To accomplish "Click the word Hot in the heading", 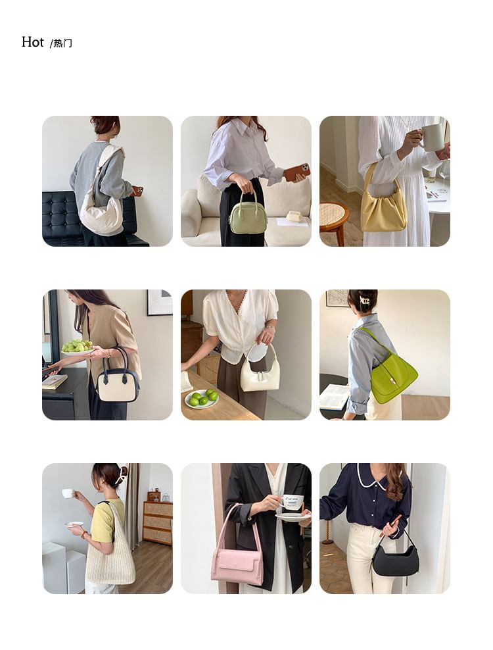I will (x=32, y=43).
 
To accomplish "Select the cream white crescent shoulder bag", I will (x=101, y=214).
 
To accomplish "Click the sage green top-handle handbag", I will (x=248, y=218).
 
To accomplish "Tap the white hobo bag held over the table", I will (x=260, y=376).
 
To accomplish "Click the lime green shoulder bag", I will (x=393, y=376).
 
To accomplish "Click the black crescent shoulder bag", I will (x=395, y=560).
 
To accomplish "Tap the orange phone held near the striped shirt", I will (x=296, y=172).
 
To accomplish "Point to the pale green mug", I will (x=432, y=137).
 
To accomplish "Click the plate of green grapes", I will (x=77, y=347).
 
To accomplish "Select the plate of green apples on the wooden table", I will (x=202, y=399).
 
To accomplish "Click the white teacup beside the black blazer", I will (x=292, y=502).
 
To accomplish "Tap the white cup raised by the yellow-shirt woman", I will (x=68, y=493).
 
